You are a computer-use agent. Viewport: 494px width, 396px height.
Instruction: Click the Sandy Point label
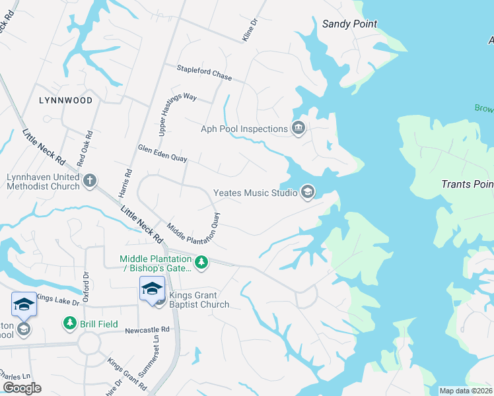pos(349,24)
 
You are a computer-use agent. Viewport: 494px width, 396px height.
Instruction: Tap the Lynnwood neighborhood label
pos(65,100)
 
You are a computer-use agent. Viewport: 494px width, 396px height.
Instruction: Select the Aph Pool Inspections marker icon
pos(299,128)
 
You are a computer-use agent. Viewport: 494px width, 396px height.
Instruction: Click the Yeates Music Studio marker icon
pos(307,192)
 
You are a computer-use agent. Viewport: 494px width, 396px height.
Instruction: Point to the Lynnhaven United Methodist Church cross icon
pos(90,180)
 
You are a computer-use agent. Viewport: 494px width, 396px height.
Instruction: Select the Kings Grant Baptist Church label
pos(199,300)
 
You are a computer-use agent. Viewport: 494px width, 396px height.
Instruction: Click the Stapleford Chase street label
pos(204,73)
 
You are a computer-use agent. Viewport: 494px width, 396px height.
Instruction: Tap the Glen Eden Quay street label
pos(163,154)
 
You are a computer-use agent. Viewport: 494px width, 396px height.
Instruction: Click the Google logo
pos(22,388)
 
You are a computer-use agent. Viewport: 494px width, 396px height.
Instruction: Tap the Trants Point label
pos(467,184)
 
